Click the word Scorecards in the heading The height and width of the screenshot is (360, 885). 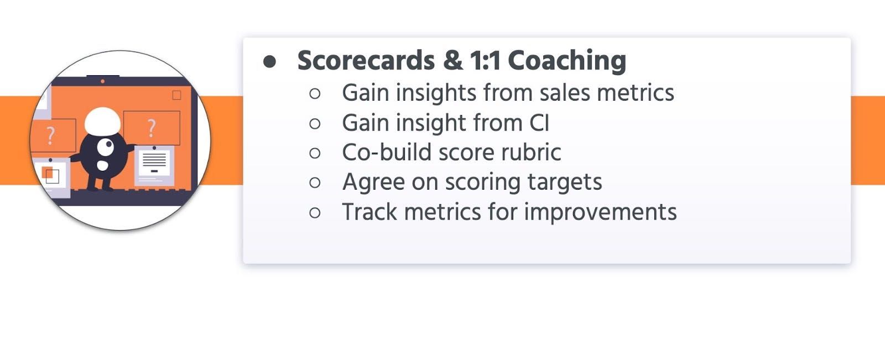(x=366, y=61)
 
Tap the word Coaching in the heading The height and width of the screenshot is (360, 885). (x=566, y=61)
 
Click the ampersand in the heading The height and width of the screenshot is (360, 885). (x=452, y=61)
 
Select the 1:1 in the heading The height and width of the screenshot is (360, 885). (x=485, y=61)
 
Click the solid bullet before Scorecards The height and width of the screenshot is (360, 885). (x=269, y=61)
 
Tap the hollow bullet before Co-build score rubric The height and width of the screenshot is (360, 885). (x=315, y=153)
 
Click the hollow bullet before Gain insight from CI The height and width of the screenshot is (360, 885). (x=315, y=123)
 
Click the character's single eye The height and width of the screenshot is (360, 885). (x=106, y=146)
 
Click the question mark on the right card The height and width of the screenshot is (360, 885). (x=152, y=128)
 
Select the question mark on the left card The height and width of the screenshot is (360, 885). (x=51, y=135)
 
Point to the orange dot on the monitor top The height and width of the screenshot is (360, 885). (x=102, y=81)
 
